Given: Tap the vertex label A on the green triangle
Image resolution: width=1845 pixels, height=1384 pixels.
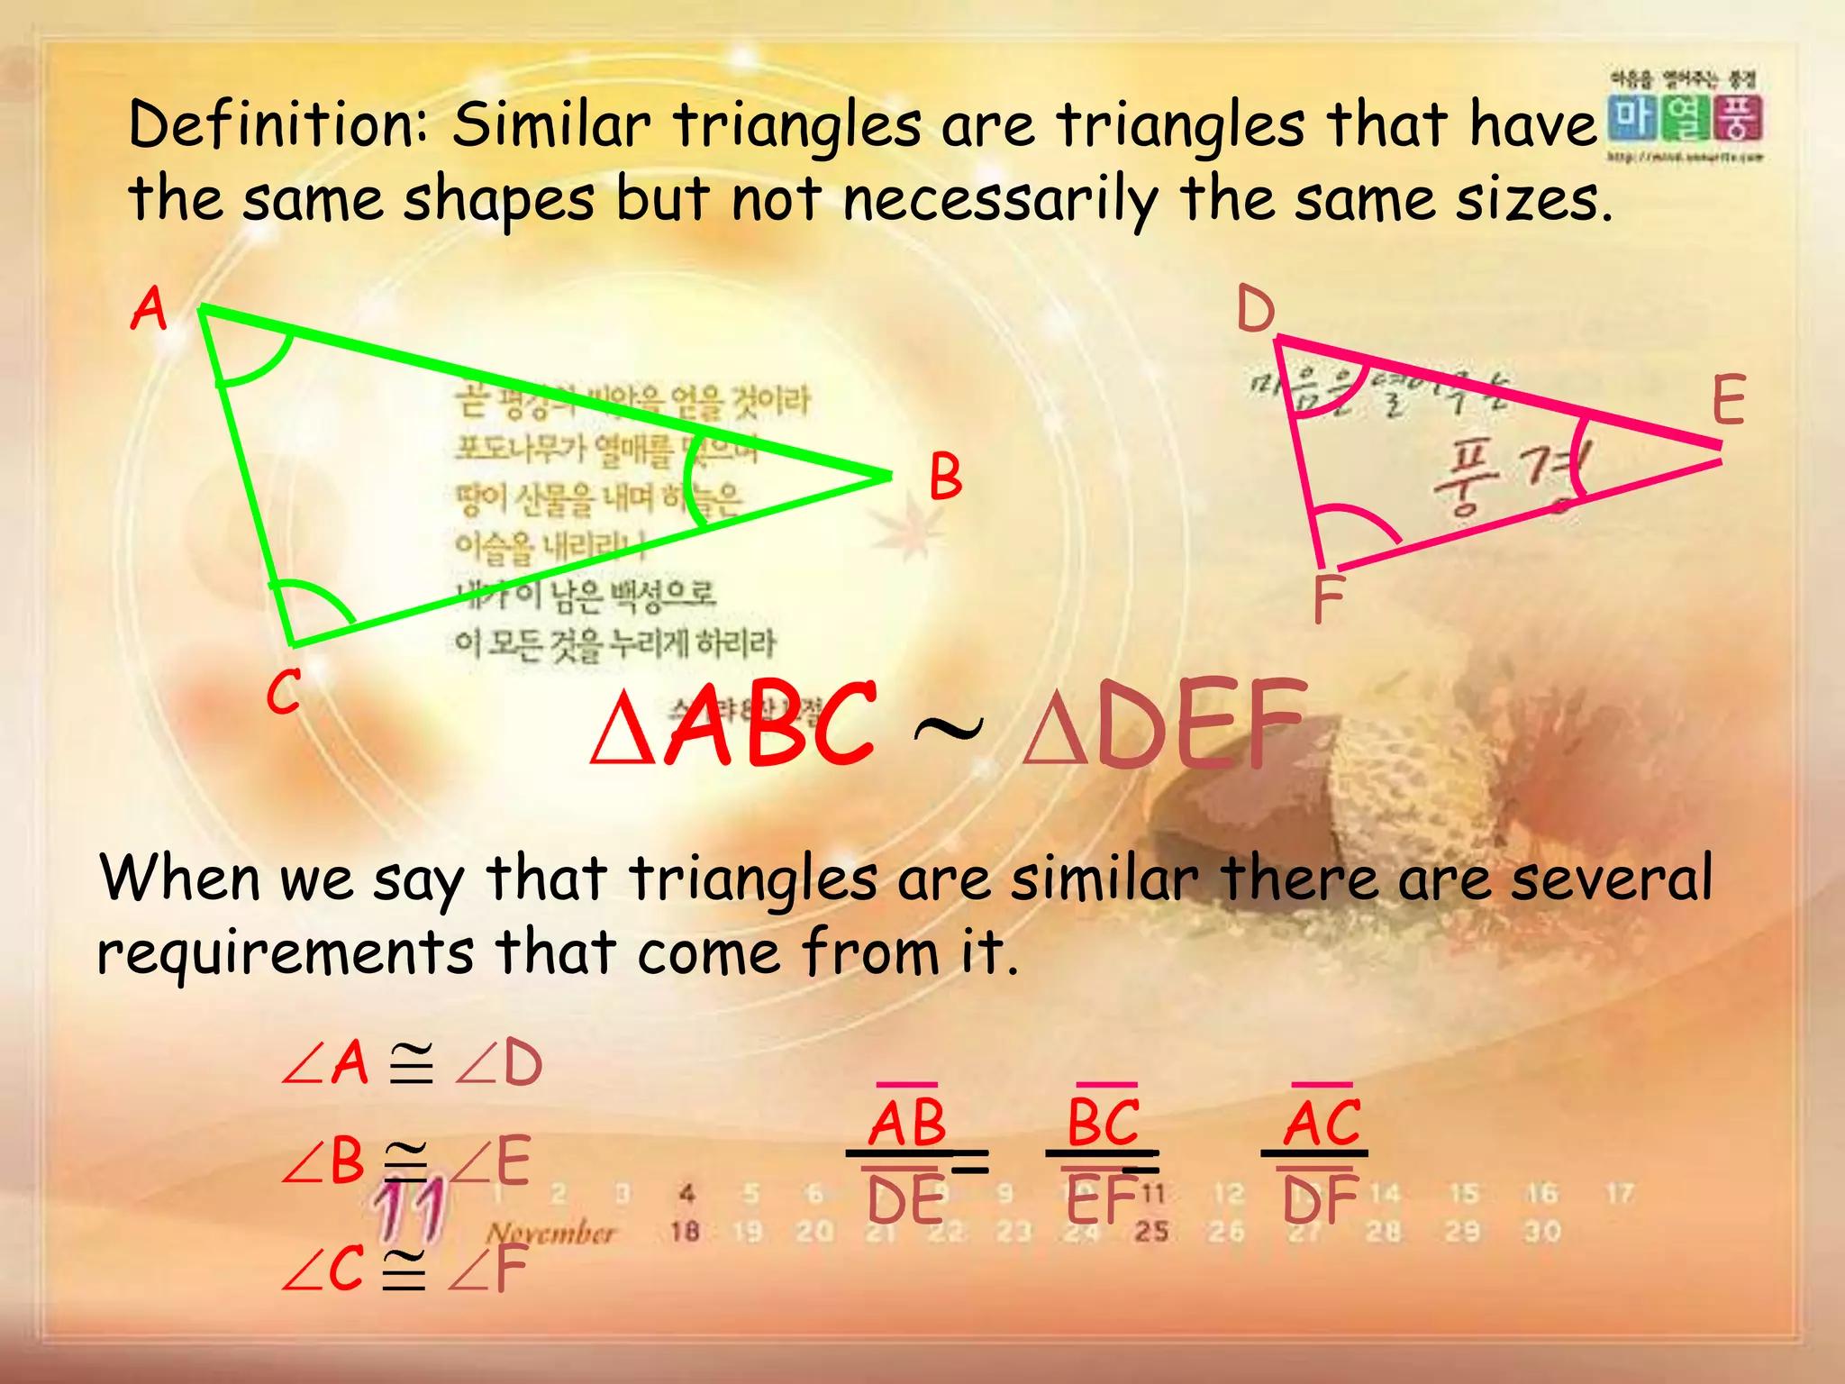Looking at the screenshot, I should pos(150,309).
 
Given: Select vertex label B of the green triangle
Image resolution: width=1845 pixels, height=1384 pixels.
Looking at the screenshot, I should pos(945,477).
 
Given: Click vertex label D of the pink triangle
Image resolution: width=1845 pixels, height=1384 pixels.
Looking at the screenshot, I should pos(1255,309).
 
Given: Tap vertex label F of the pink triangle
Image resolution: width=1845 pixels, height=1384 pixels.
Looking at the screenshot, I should pos(1328,598).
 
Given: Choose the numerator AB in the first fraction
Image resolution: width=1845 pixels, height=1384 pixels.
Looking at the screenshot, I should pos(907,1123).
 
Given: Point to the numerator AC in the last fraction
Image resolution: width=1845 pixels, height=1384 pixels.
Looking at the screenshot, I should pos(1322,1123).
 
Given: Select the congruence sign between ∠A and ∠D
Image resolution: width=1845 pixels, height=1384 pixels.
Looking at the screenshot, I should pos(411,1063).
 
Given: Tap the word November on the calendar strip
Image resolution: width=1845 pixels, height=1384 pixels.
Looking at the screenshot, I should pos(550,1232).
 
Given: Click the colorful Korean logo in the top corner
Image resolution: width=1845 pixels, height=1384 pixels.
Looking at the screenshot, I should pos(1685,118).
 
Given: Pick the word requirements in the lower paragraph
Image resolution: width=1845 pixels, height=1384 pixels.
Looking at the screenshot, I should pos(285,952).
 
